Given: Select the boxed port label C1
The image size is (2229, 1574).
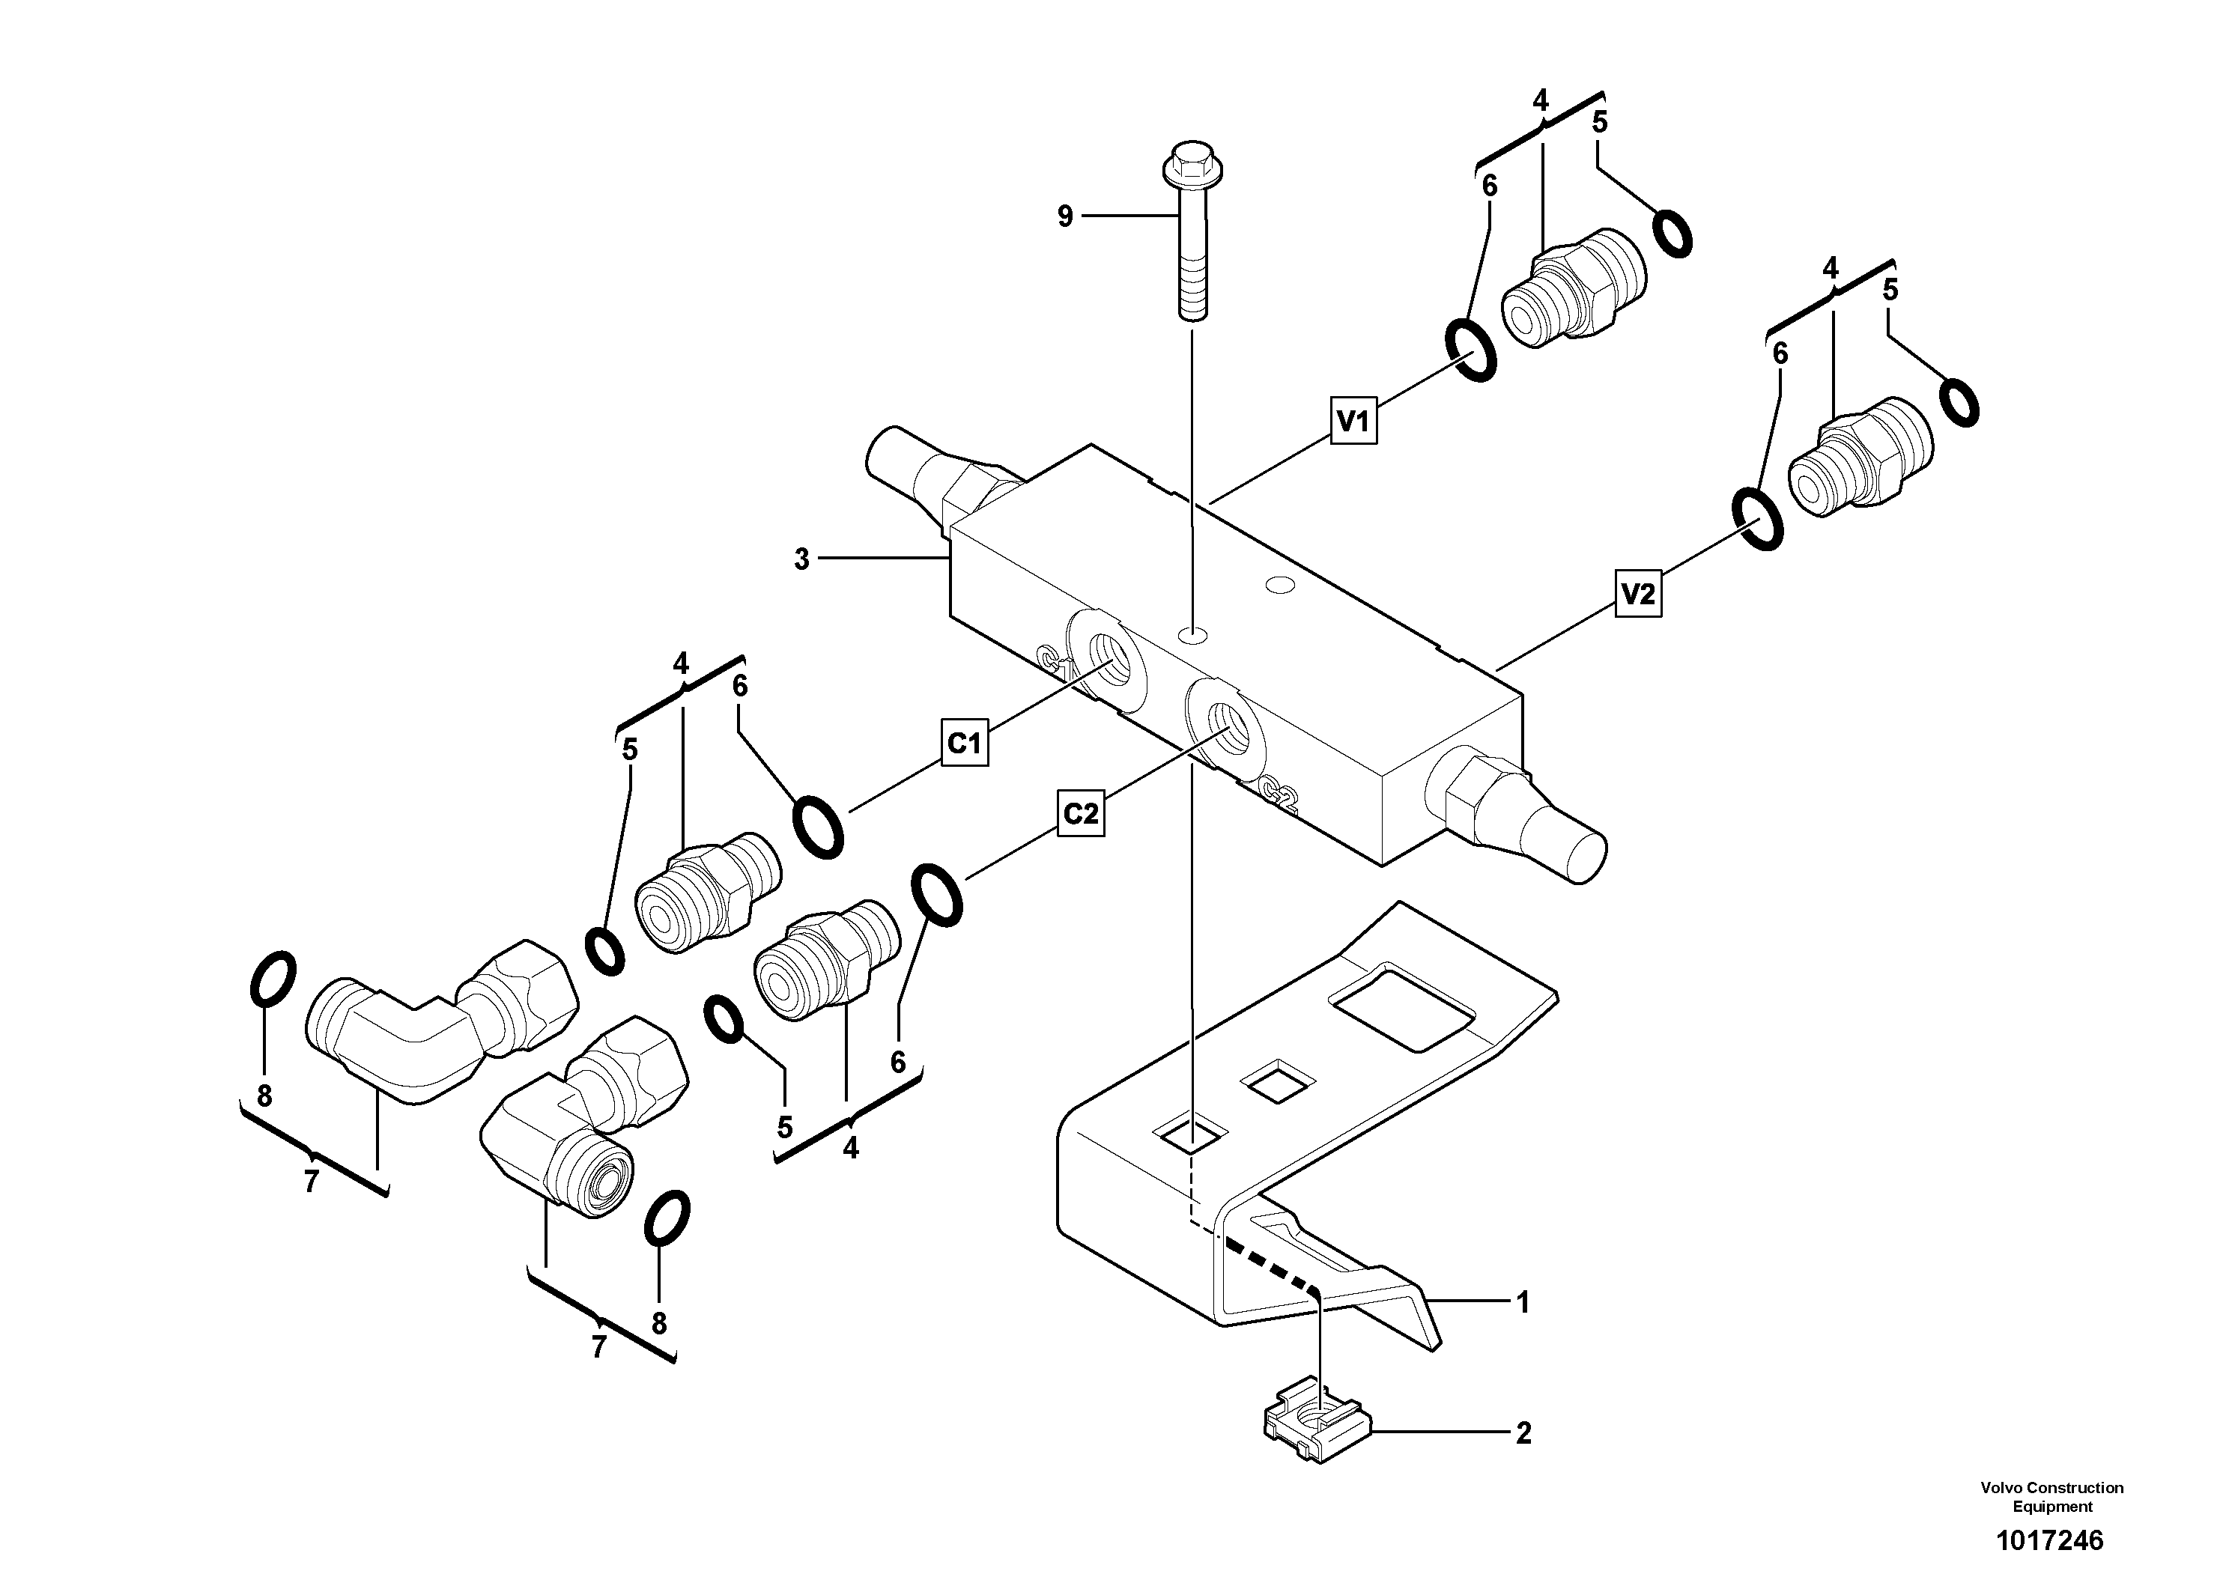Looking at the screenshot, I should pos(964,744).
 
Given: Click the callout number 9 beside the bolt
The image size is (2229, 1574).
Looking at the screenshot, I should pos(1065,216).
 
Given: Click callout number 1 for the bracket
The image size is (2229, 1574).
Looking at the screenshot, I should pos(1522,1302).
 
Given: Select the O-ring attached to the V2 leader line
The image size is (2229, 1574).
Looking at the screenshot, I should pos(1757,520).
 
